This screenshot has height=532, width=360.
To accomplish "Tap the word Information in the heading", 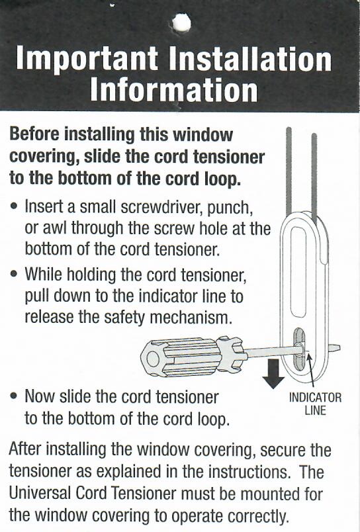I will pos(173,90).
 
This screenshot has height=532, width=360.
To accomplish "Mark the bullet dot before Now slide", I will pos(14,397).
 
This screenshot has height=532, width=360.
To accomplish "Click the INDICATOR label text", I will pos(315,398).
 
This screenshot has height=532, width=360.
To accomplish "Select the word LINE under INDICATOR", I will pos(315,410).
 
